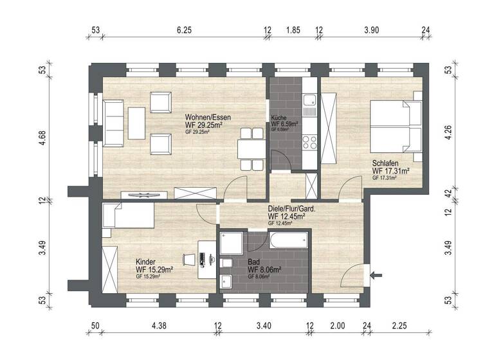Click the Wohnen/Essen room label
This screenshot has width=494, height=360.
(x=207, y=118)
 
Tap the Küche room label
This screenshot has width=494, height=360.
(x=279, y=118)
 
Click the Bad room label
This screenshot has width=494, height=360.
(x=255, y=262)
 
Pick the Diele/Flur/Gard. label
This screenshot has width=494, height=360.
(x=300, y=209)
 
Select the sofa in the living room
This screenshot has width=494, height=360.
(x=114, y=122)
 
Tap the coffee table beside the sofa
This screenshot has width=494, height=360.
(x=137, y=122)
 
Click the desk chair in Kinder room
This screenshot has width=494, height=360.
(x=188, y=258)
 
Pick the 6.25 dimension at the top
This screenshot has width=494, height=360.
(x=184, y=30)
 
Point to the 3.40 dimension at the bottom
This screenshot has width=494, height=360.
(x=264, y=327)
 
